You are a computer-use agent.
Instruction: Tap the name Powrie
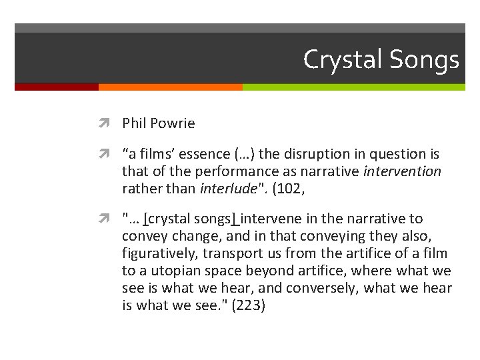pos(173,123)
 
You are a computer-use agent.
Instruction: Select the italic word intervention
pos(402,171)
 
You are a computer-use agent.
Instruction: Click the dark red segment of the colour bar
pos(56,87)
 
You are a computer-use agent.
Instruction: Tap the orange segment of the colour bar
pos(170,87)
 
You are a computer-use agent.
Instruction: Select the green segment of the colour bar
pos(353,87)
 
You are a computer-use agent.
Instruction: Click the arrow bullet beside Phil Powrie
pos(109,123)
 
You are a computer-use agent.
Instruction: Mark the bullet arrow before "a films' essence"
pos(109,154)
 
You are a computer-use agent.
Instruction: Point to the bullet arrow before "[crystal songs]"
pos(109,219)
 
